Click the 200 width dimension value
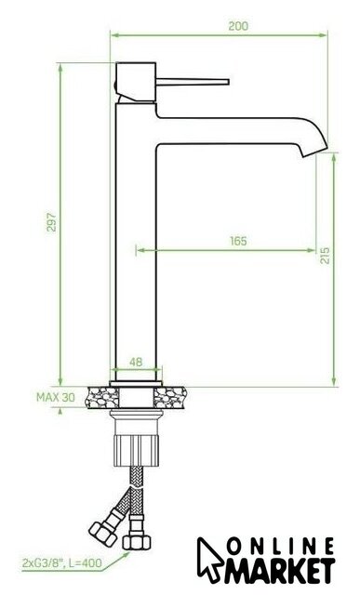click(238, 26)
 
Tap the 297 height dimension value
click(51, 222)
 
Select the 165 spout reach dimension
click(238, 241)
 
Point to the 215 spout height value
click(325, 256)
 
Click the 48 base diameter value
click(136, 362)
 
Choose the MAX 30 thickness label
click(56, 397)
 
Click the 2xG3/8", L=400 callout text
click(62, 563)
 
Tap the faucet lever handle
click(193, 82)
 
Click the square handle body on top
click(136, 82)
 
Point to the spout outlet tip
click(314, 152)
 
